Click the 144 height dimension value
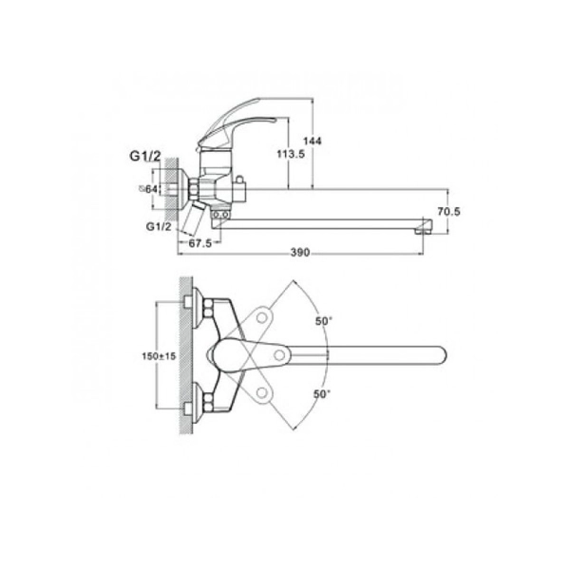click(313, 141)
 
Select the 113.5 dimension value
click(291, 154)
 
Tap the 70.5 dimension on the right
click(448, 211)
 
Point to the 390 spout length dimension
click(300, 252)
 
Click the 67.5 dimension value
click(199, 243)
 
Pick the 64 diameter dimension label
click(149, 189)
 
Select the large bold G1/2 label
click(145, 157)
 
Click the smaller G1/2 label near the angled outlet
click(159, 226)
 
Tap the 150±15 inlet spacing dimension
click(159, 356)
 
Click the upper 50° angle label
click(324, 321)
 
